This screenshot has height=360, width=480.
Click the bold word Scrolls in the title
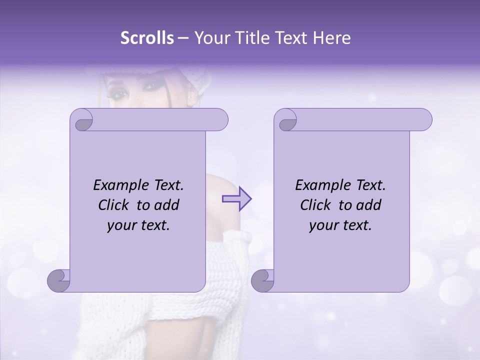coord(147,38)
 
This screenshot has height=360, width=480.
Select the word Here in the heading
coord(331,38)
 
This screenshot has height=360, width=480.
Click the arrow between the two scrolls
coord(236,198)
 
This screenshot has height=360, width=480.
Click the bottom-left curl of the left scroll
coord(59,281)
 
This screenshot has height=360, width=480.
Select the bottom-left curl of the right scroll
coord(263,281)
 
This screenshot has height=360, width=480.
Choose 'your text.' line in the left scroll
coord(138,225)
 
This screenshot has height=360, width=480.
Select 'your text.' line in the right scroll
coord(340,225)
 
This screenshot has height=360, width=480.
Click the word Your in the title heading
coord(211,38)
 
